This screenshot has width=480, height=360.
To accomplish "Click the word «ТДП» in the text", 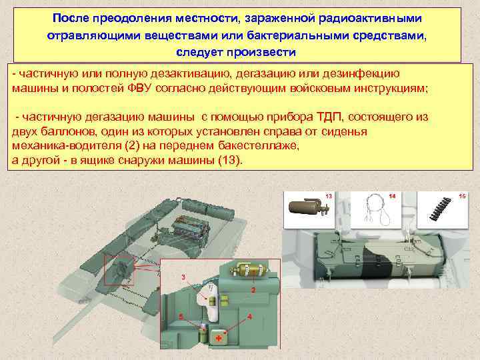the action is point(327,117).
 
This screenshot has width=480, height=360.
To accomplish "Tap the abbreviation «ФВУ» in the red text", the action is point(139,89).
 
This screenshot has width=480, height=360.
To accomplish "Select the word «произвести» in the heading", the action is point(261,53).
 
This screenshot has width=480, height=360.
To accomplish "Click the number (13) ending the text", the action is point(230,160).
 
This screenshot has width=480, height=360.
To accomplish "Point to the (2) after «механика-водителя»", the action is point(132,145).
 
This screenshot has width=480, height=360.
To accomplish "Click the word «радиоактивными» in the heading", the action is point(370,19).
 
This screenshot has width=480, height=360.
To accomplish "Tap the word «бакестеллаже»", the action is point(259,146).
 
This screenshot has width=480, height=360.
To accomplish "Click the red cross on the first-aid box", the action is point(219,338).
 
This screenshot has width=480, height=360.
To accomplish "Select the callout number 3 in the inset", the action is point(183,277).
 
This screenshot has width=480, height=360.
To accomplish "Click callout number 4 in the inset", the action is point(249,317).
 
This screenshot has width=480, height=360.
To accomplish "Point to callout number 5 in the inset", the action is point(181,317).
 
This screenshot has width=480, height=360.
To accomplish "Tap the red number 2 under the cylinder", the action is point(253,289).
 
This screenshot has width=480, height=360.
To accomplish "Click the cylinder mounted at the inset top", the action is point(249,269).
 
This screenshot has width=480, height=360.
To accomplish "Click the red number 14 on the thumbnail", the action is point(392,196).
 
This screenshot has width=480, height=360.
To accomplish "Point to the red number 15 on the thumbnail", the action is point(462,196).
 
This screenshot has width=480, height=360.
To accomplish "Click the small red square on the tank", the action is point(119,271).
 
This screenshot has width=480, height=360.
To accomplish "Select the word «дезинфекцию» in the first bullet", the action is point(361,74).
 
